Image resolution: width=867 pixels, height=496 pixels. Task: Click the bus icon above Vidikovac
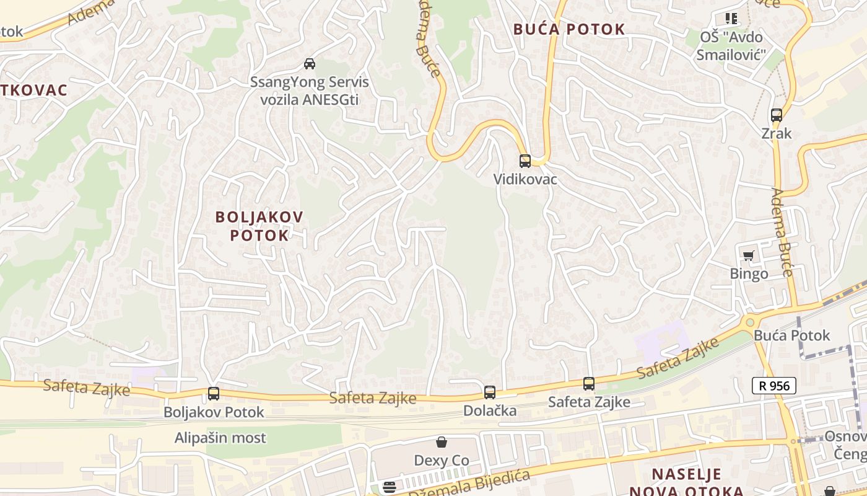(x=525, y=161)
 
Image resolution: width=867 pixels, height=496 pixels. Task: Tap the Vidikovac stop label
(x=525, y=180)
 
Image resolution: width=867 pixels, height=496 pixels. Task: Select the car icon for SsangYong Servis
(x=309, y=63)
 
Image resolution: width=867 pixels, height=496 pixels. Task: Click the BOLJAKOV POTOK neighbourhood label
(x=259, y=226)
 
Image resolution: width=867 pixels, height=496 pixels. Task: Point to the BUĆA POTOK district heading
(x=569, y=29)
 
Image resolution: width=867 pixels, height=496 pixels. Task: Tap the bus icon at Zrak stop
(x=776, y=115)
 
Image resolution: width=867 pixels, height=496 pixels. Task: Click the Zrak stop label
(x=777, y=133)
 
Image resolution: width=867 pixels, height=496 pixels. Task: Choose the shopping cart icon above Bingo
(x=748, y=255)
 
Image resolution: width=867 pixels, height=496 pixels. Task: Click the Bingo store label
(x=749, y=273)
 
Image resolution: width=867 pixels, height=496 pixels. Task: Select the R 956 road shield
(x=773, y=386)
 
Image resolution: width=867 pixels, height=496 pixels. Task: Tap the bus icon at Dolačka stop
(x=489, y=392)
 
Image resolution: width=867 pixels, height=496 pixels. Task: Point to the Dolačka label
(x=490, y=410)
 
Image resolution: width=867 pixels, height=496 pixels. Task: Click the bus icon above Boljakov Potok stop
(x=214, y=394)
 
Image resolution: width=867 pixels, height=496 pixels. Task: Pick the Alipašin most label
(x=220, y=438)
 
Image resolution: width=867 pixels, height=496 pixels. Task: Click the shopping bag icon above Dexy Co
(x=442, y=443)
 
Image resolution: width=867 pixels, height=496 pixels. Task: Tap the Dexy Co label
(x=442, y=461)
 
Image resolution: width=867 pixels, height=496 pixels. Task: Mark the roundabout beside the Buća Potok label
(x=750, y=322)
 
